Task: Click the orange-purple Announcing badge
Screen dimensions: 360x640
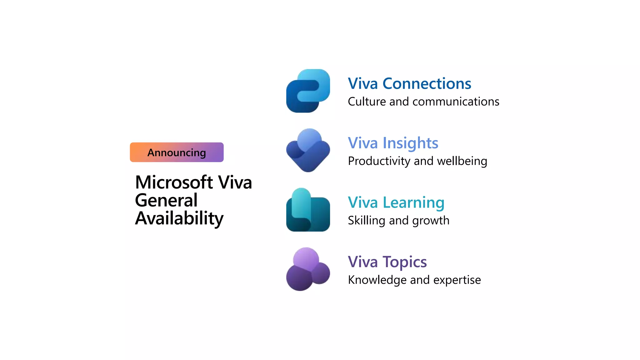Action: coord(177,152)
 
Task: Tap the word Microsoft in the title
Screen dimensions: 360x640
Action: coord(174,182)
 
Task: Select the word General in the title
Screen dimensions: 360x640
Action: coord(166,200)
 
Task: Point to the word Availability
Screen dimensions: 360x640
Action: coord(179,218)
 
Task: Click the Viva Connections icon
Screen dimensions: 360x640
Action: coord(308,91)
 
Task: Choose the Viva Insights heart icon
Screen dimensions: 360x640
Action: coord(308,150)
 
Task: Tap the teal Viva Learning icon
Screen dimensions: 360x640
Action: coord(308,210)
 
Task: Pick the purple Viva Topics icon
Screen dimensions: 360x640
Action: coord(308,269)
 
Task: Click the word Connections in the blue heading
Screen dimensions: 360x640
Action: coord(427,84)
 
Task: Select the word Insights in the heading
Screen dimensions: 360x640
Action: coord(410,143)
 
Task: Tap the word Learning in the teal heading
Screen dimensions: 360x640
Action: coord(413,202)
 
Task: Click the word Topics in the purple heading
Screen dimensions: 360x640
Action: coord(405,262)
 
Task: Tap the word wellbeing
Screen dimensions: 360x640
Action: coord(462,161)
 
